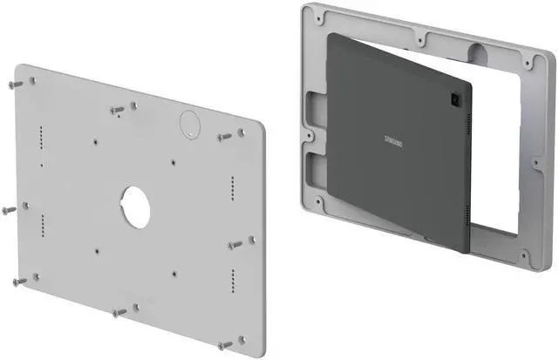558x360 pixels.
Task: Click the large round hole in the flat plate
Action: [135, 206]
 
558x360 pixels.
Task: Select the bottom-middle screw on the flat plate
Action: [119, 311]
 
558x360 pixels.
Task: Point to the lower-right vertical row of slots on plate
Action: [232, 280]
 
